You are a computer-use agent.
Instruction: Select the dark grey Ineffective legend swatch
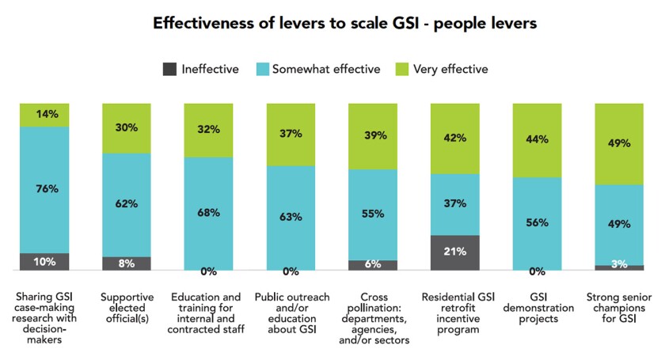(x=170, y=69)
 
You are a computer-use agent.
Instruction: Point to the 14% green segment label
(x=44, y=114)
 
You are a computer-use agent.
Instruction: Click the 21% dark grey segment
(x=455, y=252)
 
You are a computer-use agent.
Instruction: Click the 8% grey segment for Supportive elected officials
(x=127, y=263)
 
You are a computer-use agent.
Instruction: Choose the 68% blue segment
(x=209, y=213)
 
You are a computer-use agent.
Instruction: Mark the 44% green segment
(x=538, y=138)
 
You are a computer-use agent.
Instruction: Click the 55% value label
(x=373, y=214)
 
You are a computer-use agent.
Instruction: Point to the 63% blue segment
(x=291, y=218)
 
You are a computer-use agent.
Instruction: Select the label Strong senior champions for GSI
(x=619, y=308)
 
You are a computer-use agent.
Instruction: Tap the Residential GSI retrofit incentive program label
(x=455, y=313)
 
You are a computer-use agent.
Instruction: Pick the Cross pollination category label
(x=373, y=319)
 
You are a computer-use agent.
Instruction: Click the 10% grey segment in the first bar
(x=44, y=262)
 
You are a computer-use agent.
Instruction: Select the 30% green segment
(x=127, y=127)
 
